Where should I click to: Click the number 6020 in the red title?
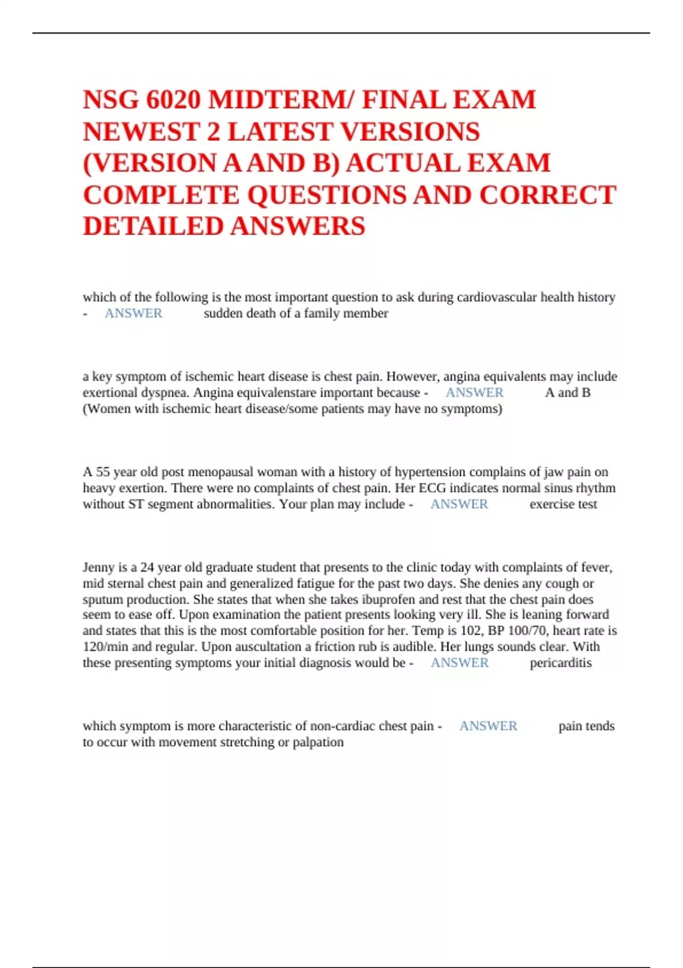pos(173,100)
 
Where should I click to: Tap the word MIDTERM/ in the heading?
pos(281,100)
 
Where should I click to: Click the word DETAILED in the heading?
pos(153,226)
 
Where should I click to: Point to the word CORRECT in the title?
pos(548,195)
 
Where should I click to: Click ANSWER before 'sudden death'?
pos(133,313)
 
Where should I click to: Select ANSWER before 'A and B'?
pos(474,392)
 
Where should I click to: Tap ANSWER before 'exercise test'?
pos(459,504)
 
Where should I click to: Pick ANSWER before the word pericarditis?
pos(459,663)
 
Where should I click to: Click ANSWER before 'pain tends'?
pos(488,726)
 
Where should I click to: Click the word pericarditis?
pos(561,663)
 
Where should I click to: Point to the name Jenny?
pos(98,567)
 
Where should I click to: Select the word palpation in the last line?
pos(318,742)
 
